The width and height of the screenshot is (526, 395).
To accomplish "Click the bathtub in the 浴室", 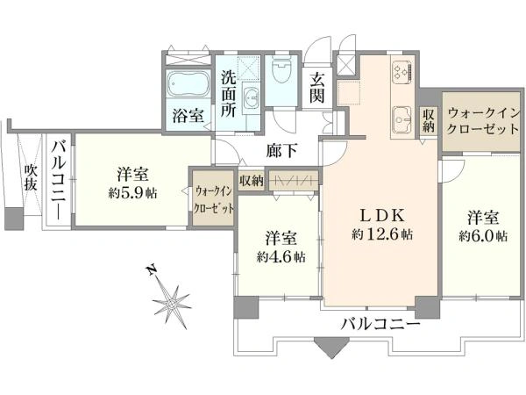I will (x=186, y=87).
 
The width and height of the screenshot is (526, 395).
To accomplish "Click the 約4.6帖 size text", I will (x=281, y=257).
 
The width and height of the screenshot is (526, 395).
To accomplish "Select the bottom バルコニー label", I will (x=380, y=323).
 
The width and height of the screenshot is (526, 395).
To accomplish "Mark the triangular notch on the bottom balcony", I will (x=331, y=348).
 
